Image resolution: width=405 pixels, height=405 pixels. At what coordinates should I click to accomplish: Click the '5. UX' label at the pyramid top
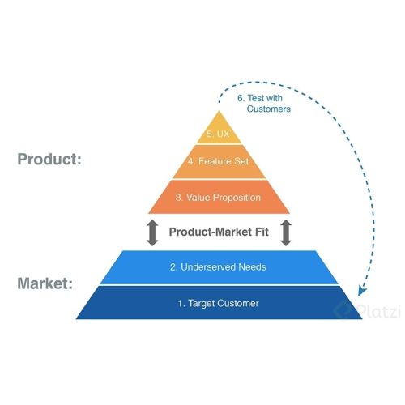click(218, 134)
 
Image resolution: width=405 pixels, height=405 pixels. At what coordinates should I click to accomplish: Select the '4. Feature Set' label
click(218, 161)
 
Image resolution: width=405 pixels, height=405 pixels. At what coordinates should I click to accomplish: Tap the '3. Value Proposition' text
click(218, 198)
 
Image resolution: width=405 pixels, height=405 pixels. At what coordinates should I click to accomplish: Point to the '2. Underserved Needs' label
click(218, 267)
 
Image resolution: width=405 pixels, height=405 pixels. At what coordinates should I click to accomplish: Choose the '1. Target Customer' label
click(218, 304)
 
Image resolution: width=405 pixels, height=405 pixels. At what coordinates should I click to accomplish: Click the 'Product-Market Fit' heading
click(219, 232)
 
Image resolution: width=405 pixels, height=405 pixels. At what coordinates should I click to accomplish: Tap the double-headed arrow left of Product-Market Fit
click(152, 232)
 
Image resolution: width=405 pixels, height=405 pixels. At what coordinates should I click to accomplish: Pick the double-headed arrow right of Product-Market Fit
click(286, 232)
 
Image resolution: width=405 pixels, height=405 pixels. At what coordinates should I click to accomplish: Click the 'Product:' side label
click(49, 160)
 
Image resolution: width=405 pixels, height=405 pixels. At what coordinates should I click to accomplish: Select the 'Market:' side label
click(45, 283)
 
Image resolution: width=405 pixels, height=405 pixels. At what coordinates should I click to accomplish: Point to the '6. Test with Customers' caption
click(264, 104)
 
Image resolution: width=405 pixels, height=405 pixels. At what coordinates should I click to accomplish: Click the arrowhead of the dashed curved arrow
click(361, 292)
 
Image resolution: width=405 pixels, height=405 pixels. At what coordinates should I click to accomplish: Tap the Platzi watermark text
click(378, 311)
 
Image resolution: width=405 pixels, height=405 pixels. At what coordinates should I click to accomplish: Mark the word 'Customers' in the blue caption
click(269, 109)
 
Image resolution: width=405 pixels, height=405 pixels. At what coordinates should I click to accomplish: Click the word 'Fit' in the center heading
click(262, 232)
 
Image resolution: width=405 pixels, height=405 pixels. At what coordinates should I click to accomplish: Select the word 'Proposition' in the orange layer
click(237, 198)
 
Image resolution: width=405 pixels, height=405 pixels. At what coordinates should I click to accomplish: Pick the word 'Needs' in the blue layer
click(253, 267)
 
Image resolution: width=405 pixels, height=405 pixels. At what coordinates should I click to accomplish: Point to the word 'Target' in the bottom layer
click(201, 304)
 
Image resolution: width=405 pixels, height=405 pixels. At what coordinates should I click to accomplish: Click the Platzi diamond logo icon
click(343, 309)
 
